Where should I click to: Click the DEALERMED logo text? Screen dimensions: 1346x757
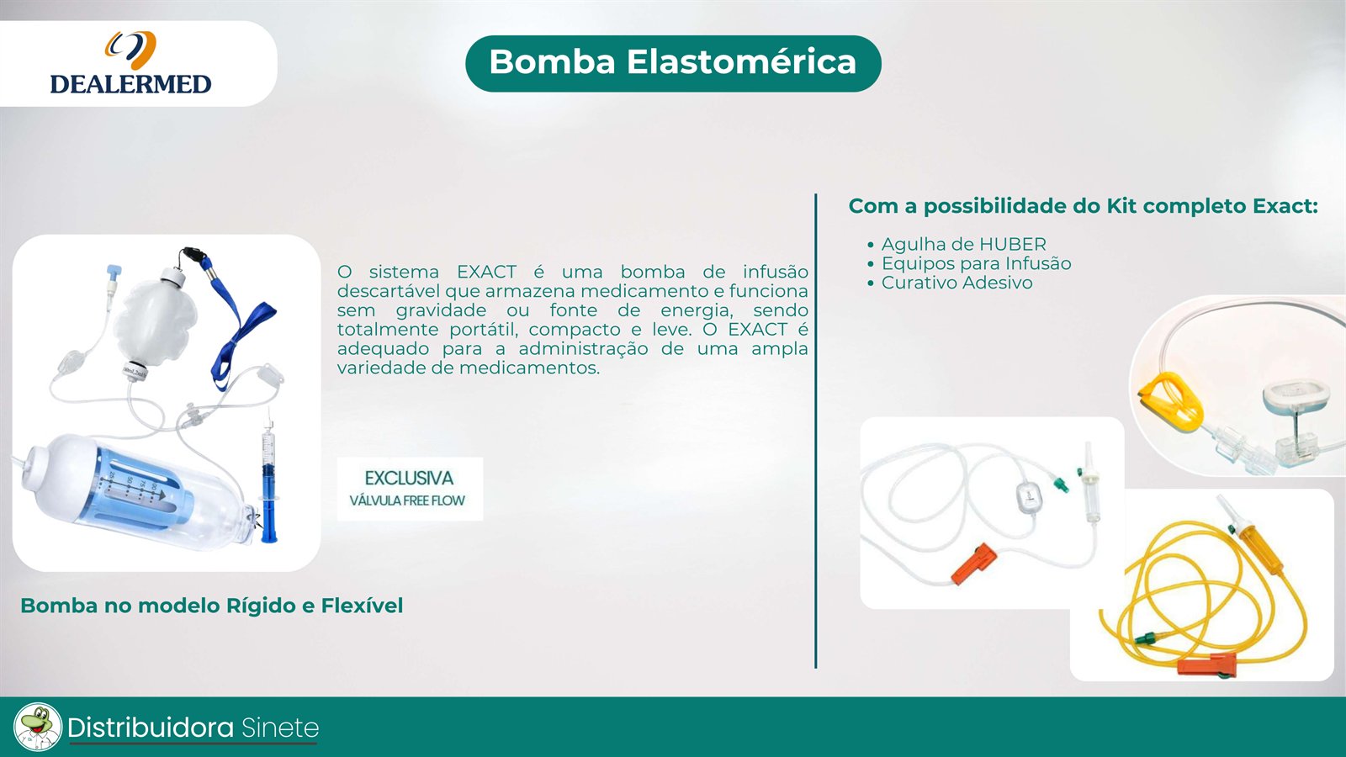[x=130, y=84]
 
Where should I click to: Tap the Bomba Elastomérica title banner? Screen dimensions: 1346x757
[x=673, y=63]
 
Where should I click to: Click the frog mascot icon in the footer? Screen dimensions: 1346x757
[x=37, y=727]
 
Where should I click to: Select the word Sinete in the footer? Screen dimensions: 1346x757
[x=280, y=728]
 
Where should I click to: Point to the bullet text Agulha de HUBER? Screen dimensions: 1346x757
[x=963, y=245]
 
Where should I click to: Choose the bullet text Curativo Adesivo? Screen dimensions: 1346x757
[x=957, y=283]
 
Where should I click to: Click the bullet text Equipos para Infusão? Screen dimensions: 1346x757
[x=976, y=264]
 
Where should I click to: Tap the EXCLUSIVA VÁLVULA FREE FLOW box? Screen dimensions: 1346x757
[x=410, y=489]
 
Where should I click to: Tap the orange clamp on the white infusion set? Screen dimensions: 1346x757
[x=973, y=564]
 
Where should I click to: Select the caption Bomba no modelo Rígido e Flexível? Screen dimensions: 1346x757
[x=211, y=606]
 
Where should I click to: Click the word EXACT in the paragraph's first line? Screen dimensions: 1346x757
[x=486, y=272]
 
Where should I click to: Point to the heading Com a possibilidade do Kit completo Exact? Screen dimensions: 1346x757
[x=1083, y=206]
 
